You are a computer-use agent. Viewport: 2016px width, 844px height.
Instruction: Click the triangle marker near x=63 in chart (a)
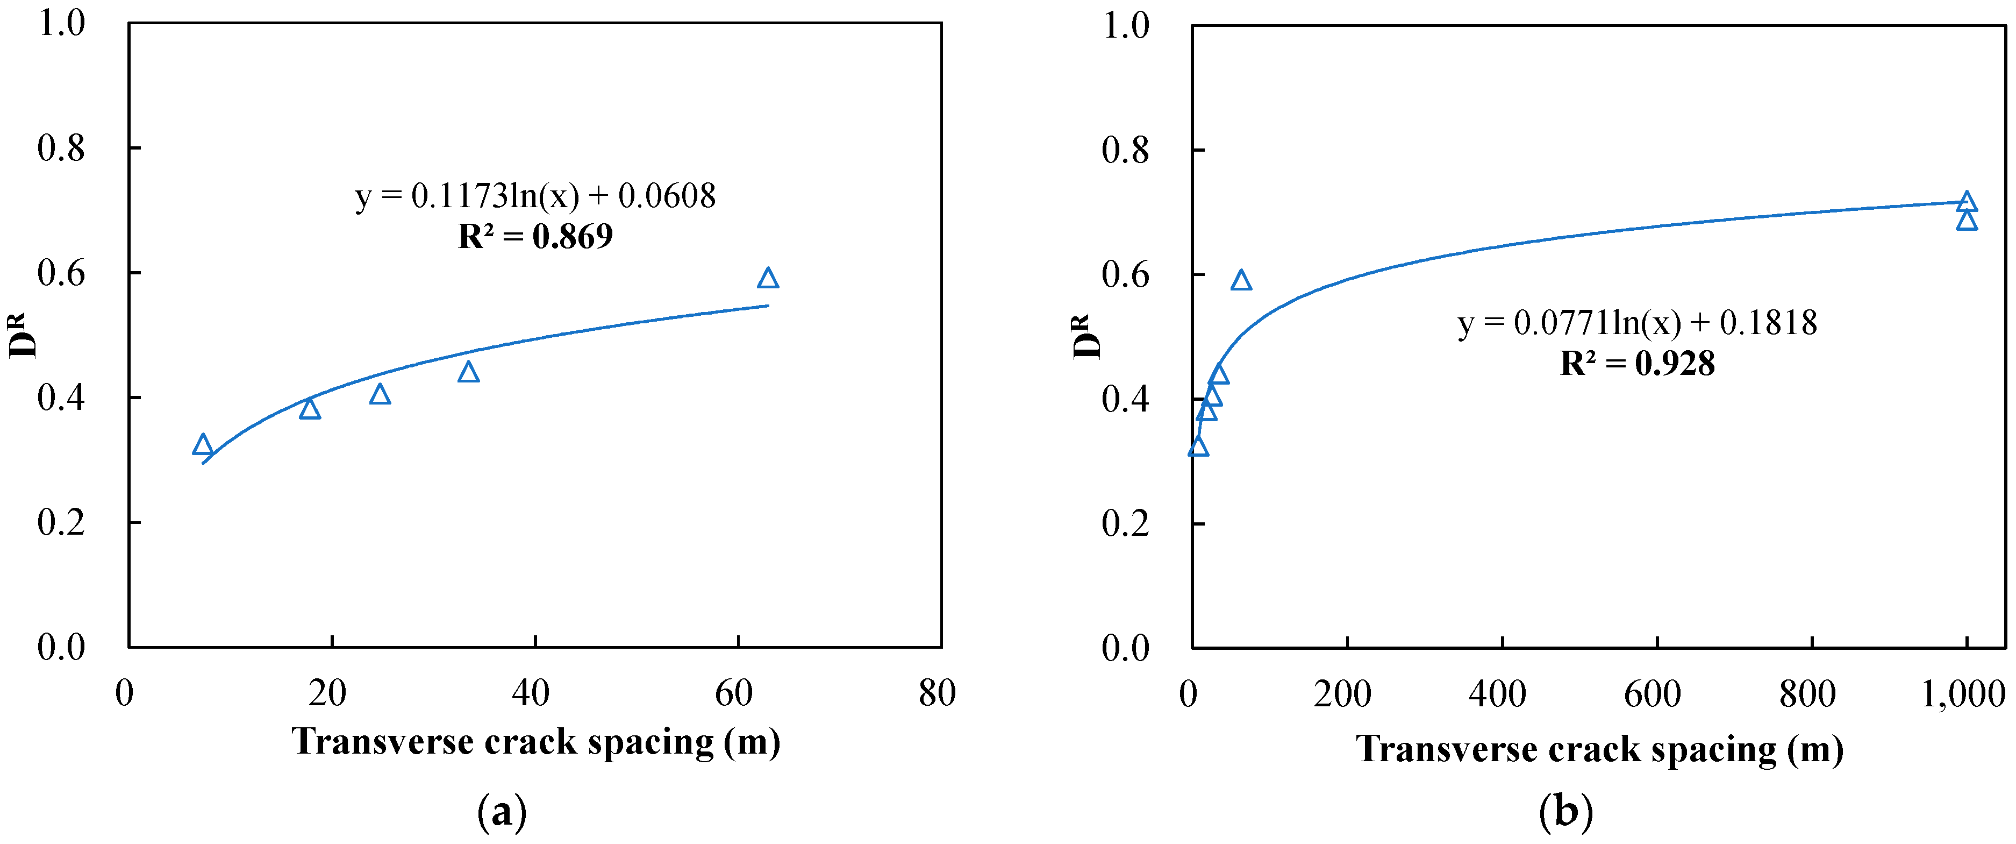[x=768, y=279]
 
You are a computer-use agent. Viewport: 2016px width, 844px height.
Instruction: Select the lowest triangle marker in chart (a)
[x=203, y=445]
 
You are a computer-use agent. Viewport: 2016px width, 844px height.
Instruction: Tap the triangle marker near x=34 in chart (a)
[x=468, y=372]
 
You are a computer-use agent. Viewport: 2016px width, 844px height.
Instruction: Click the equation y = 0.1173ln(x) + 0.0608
[x=535, y=196]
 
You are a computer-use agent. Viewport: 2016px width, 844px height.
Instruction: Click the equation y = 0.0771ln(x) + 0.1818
[x=1637, y=323]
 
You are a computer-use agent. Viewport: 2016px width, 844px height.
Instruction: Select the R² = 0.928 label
[x=1637, y=363]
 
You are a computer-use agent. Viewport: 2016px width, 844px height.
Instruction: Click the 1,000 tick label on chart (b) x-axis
[x=1963, y=694]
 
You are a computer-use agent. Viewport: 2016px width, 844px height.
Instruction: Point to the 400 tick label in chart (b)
[x=1497, y=694]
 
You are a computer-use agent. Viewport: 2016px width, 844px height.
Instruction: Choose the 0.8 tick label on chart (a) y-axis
[x=61, y=148]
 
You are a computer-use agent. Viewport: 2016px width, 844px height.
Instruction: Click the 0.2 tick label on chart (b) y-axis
[x=1125, y=523]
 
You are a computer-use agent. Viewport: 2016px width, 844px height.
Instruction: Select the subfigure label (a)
[x=502, y=812]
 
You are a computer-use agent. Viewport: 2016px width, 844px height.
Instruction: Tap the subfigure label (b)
[x=1565, y=812]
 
